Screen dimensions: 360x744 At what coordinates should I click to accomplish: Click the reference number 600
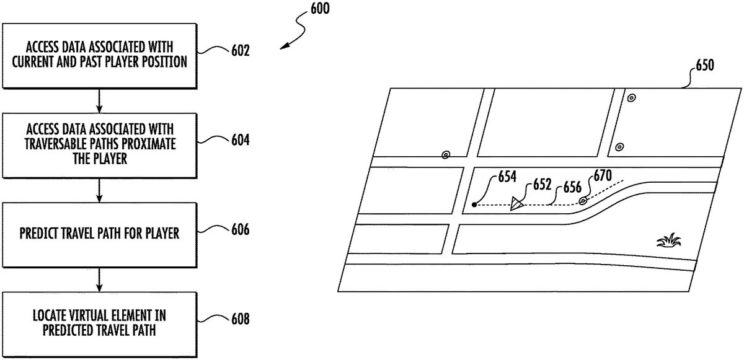point(319,9)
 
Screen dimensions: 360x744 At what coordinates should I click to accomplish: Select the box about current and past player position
point(99,56)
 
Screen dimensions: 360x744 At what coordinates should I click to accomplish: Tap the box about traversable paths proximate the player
point(99,145)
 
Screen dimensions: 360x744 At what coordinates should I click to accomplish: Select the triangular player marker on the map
point(518,204)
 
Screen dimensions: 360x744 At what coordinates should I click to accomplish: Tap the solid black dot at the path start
point(474,204)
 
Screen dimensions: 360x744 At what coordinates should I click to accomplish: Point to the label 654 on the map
point(506,177)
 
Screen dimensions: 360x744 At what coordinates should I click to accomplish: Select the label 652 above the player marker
point(541,185)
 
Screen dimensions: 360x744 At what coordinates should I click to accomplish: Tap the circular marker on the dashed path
point(583,201)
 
